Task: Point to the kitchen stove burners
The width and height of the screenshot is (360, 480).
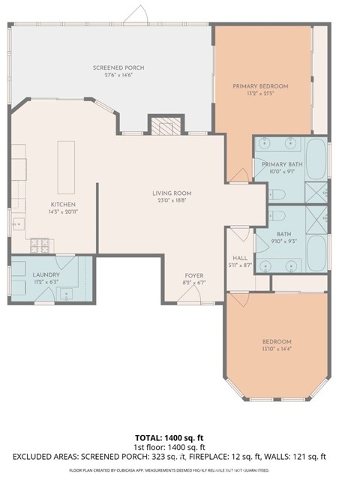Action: tap(39, 244)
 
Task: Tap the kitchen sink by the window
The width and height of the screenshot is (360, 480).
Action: tap(17, 223)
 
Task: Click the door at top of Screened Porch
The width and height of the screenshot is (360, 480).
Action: tap(136, 15)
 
